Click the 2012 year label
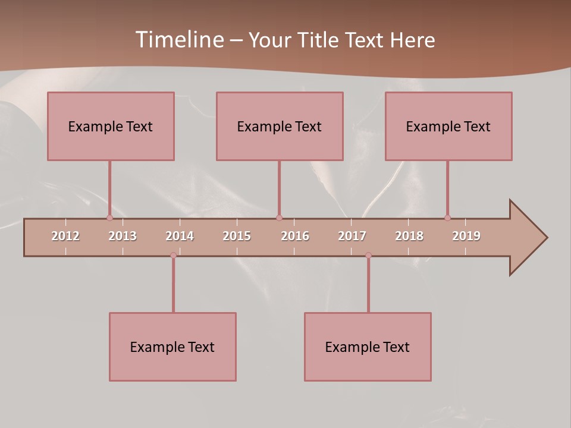pos(65,236)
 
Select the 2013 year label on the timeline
pos(123,236)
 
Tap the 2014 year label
pos(180,236)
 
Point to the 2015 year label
pos(237,236)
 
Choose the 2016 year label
pos(295,236)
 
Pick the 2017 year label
pos(352,236)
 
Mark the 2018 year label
pos(409,236)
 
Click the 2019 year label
pos(466,236)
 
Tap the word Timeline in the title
pos(178,40)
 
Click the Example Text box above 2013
pos(111,126)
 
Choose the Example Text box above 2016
pos(280,126)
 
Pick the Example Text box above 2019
pos(448,126)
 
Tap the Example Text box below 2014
pos(172,347)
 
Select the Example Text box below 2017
pos(368,347)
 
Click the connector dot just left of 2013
pos(109,218)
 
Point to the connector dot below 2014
pos(173,255)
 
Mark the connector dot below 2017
pos(368,255)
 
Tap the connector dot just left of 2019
pos(447,218)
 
